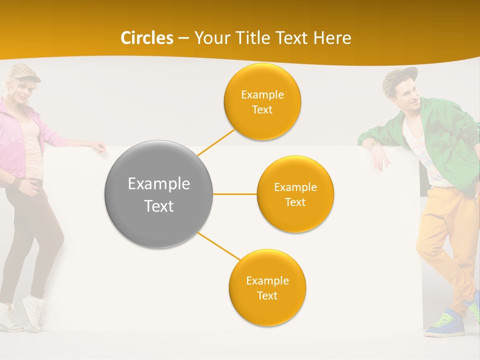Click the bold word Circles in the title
pos(147,38)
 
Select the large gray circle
pos(159,194)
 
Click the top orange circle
pos(262,102)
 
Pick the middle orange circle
pos(295,194)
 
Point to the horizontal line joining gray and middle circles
pos(234,194)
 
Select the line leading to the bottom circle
pos(218,246)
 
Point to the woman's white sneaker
pos(31,312)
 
